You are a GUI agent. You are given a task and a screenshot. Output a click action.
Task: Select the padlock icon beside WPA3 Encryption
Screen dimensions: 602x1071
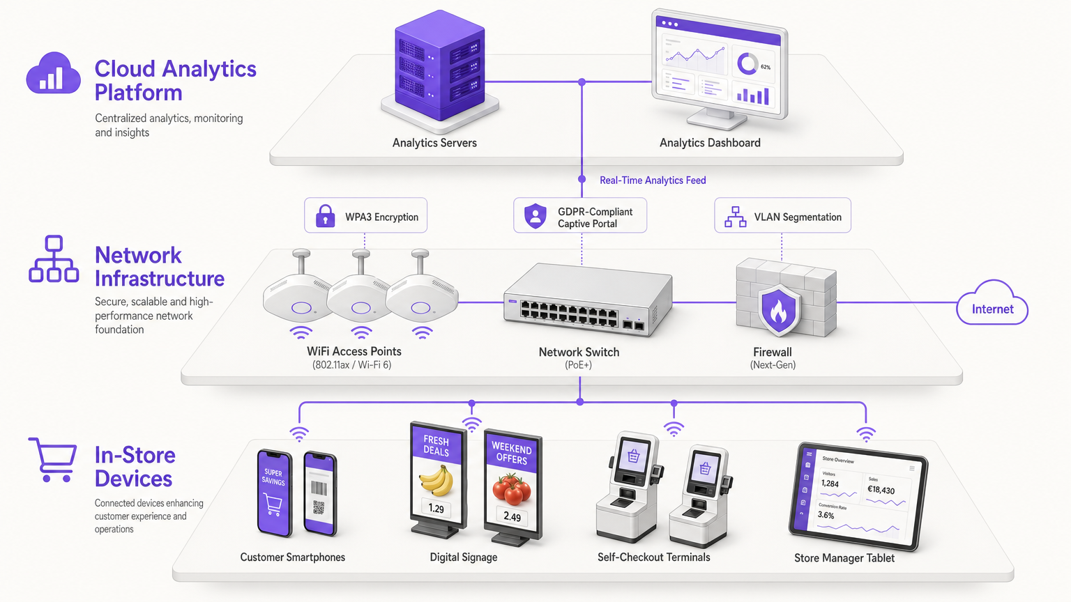[x=325, y=216]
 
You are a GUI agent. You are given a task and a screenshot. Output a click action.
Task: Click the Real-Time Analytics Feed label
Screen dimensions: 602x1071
[x=653, y=180]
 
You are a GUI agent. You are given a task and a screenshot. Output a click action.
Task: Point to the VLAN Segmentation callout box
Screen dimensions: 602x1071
[x=782, y=216]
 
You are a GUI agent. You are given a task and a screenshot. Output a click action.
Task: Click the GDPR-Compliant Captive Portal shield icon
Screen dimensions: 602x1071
[x=535, y=216]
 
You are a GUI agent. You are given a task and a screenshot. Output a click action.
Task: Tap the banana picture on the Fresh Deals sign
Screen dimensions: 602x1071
[x=436, y=481]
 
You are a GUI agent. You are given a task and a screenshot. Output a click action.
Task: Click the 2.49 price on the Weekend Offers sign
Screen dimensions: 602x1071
[x=512, y=516]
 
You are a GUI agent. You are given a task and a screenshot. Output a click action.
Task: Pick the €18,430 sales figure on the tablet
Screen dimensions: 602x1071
[x=881, y=490]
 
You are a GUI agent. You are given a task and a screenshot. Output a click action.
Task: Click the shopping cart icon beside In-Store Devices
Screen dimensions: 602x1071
[x=53, y=459]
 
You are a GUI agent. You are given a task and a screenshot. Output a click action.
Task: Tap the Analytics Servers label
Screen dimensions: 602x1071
[x=434, y=143]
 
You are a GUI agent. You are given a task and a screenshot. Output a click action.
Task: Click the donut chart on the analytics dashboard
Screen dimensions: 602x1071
[x=747, y=64]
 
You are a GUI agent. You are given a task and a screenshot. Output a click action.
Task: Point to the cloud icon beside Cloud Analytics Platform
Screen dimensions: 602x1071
[x=53, y=74]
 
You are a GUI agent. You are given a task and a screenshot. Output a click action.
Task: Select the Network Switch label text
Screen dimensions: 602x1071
[x=579, y=353]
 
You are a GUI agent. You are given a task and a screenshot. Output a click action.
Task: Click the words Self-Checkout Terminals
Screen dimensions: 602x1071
[x=653, y=557]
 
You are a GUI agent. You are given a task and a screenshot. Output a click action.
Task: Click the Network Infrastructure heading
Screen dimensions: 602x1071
[x=159, y=267]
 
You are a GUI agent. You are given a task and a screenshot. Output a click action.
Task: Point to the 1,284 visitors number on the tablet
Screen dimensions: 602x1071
[x=830, y=484]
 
